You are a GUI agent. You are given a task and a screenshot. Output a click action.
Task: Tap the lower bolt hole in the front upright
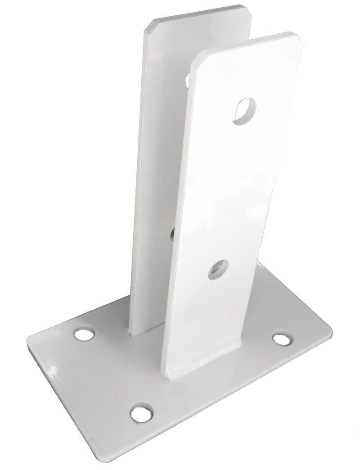point(219,269)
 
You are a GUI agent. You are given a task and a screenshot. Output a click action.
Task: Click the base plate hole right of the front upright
point(282,338)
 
